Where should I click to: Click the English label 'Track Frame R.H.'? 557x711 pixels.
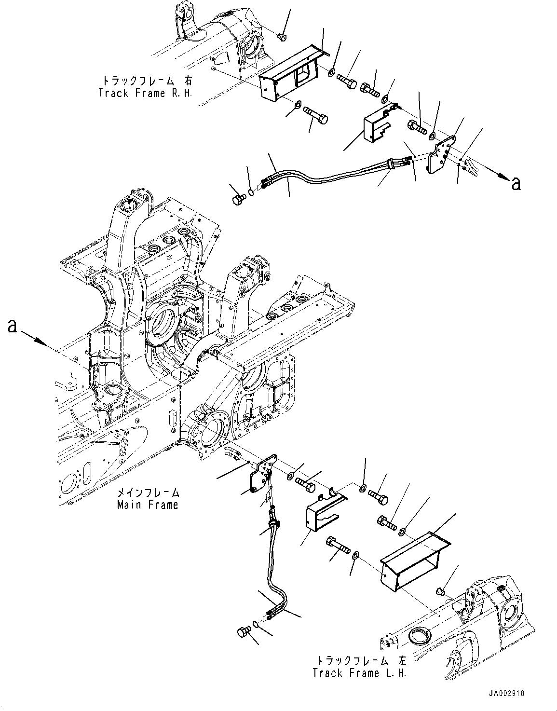(145, 93)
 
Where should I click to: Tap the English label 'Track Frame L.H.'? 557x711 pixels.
(359, 672)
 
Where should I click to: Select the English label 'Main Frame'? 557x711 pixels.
(148, 505)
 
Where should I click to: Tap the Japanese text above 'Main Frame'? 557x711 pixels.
(148, 493)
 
